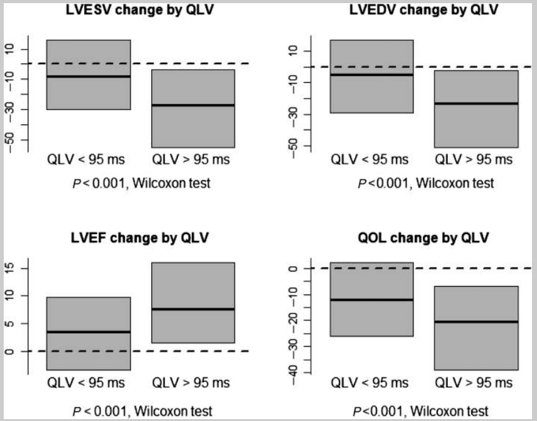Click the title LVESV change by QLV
(x=141, y=11)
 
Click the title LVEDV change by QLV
(x=424, y=11)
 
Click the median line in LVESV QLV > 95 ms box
(x=193, y=105)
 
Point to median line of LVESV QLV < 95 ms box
(x=88, y=77)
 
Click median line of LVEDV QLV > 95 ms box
(x=476, y=103)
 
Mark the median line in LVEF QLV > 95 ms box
(x=193, y=309)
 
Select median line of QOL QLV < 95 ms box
(x=371, y=300)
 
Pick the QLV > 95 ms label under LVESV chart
(x=191, y=159)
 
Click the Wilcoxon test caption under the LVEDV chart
(x=450, y=183)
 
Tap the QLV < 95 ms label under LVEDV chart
(x=370, y=159)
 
